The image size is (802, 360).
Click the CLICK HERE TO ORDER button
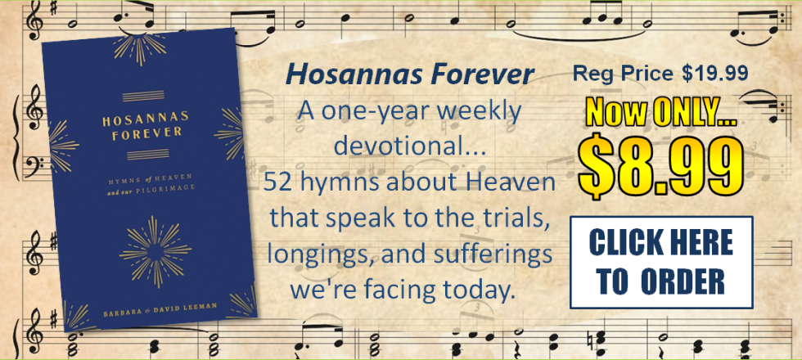661,263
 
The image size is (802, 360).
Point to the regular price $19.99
714,74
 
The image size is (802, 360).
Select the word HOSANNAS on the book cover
146,119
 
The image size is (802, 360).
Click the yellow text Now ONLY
661,115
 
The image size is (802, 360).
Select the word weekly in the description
486,111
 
